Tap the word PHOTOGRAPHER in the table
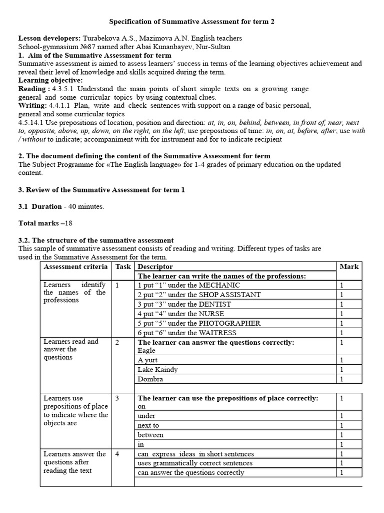(229, 323)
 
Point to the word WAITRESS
(217, 333)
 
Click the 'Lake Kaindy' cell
(157, 370)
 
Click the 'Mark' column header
(348, 267)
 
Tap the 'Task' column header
(123, 267)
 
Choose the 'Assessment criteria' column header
(75, 267)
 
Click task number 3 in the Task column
(117, 398)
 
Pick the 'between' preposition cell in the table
(150, 435)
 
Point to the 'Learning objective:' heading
(50, 80)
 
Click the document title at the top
(191, 22)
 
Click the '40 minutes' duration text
(85, 206)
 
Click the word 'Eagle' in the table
(146, 351)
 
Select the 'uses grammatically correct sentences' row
(195, 463)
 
